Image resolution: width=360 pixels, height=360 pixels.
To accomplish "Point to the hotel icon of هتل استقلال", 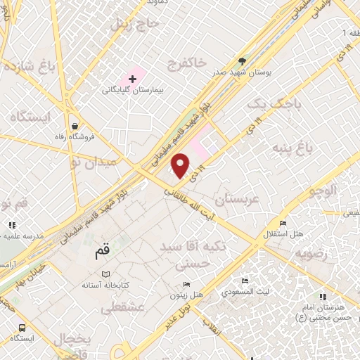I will (281, 223).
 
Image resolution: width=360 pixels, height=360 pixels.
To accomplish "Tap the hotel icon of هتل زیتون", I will (186, 284).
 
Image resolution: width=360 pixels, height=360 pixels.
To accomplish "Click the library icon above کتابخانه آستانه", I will (105, 274).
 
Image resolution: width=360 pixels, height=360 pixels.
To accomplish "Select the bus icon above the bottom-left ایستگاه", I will (22, 328).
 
